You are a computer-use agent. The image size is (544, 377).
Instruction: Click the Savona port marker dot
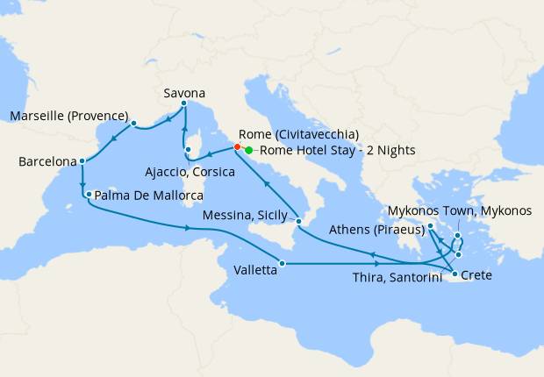tap(184, 104)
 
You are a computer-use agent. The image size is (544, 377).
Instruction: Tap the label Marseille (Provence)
tap(69, 116)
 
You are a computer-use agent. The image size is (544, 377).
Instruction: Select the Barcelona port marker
tap(82, 161)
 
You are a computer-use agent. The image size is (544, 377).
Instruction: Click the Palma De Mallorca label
tap(148, 195)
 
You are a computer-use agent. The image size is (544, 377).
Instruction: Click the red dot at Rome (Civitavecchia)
tap(238, 147)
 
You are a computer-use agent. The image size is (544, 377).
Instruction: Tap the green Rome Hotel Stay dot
tap(249, 150)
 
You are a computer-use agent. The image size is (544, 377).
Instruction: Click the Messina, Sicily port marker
tap(298, 221)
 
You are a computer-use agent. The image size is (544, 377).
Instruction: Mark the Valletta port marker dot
tap(282, 263)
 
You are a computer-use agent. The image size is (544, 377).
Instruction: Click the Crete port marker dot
tap(454, 275)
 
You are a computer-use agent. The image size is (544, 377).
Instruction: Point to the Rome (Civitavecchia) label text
tap(298, 134)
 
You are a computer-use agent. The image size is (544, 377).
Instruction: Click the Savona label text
tap(184, 91)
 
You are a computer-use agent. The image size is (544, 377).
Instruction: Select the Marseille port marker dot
tap(133, 124)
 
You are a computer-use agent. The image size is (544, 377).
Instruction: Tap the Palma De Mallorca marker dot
tap(89, 194)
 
